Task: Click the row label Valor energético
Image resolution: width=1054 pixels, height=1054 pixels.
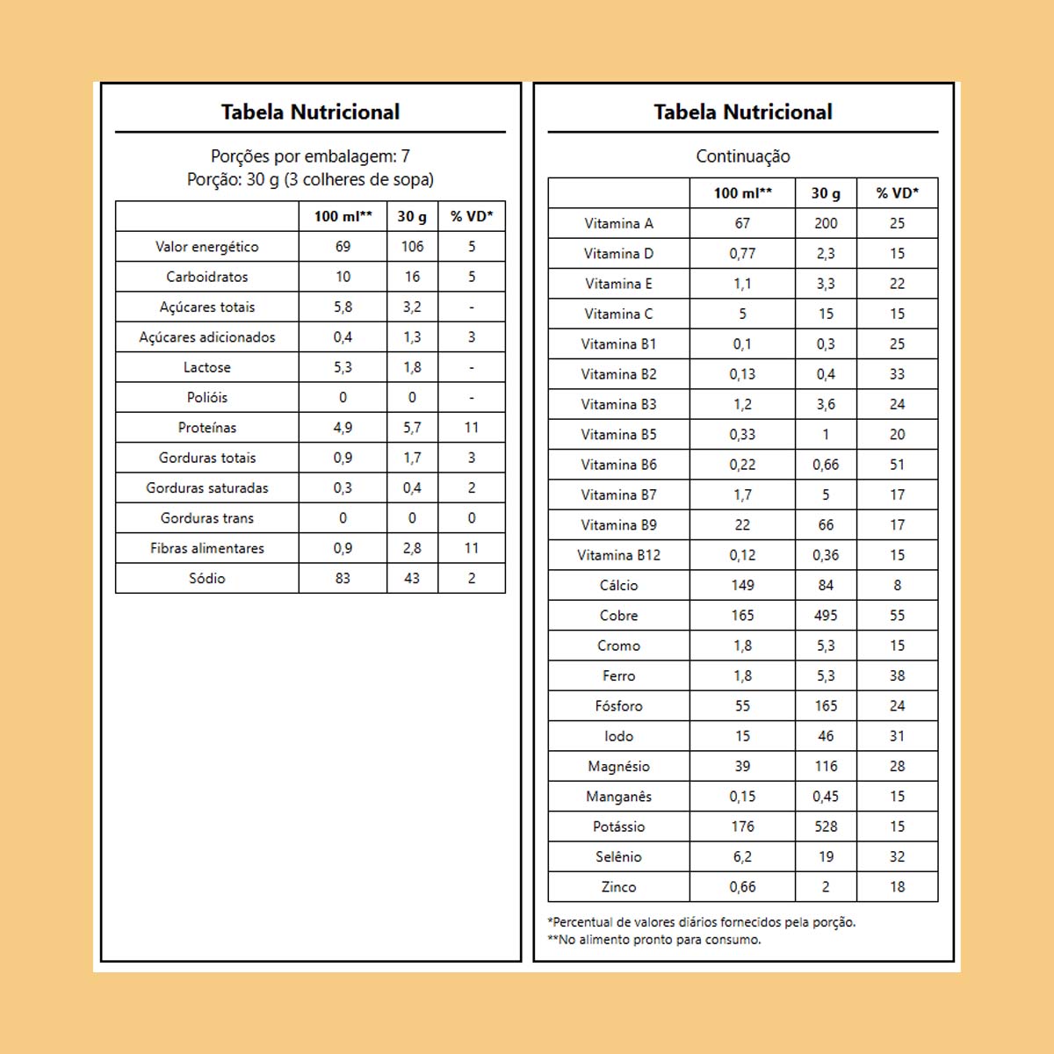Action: tap(207, 247)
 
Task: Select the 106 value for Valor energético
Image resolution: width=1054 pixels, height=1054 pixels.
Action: tap(412, 247)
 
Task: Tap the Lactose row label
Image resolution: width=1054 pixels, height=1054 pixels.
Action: tap(207, 367)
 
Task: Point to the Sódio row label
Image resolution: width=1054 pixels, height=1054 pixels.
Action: tap(207, 578)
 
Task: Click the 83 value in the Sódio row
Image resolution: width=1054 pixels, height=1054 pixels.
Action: tap(343, 578)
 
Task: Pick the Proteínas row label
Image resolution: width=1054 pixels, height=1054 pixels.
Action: tap(207, 428)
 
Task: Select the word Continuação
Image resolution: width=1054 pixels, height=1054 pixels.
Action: tap(743, 156)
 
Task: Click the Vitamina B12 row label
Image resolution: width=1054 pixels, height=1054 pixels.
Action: tap(618, 555)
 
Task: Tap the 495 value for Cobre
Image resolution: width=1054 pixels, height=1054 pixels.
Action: tap(826, 616)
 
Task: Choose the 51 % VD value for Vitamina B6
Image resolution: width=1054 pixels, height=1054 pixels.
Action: tap(897, 465)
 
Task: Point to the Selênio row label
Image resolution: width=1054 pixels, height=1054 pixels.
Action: tap(618, 856)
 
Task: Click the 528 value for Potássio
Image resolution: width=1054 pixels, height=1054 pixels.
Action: tap(826, 827)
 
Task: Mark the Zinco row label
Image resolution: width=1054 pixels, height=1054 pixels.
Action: tap(618, 887)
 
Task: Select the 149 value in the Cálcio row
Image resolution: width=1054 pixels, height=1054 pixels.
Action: tap(742, 585)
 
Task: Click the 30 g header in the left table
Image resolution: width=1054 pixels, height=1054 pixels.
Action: tap(412, 216)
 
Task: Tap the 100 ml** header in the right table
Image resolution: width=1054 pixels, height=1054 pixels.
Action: tap(742, 193)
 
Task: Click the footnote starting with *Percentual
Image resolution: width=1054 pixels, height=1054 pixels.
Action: tap(701, 922)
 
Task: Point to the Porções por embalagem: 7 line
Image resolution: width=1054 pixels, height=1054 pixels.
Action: tap(310, 156)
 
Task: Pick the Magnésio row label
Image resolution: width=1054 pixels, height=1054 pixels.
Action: tap(618, 766)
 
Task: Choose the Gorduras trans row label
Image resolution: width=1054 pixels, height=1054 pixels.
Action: tap(207, 518)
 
